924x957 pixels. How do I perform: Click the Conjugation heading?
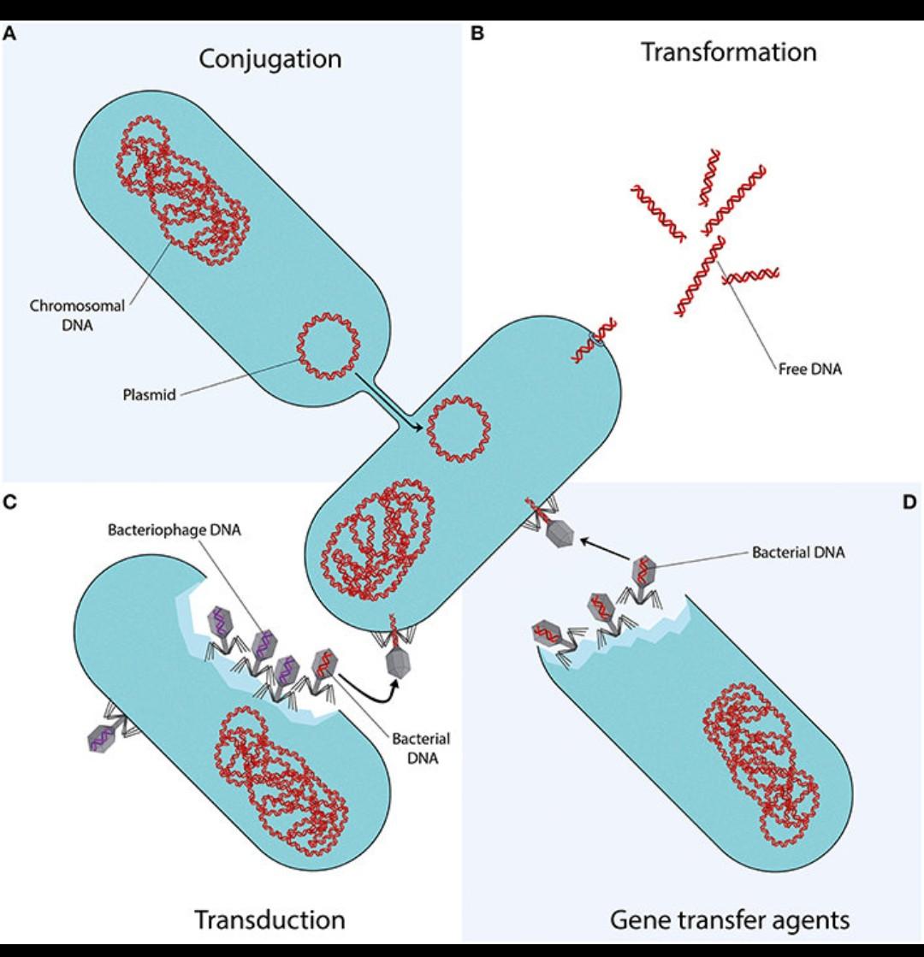(x=269, y=59)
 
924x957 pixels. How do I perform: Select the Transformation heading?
(x=729, y=52)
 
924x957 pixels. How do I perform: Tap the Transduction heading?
(x=269, y=919)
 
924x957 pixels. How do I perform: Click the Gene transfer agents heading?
(x=730, y=919)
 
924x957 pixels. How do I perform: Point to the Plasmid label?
(x=148, y=396)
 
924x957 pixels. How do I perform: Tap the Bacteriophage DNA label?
(x=175, y=529)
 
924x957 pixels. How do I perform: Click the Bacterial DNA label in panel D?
(x=798, y=552)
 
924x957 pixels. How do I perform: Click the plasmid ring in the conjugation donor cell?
(x=328, y=346)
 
